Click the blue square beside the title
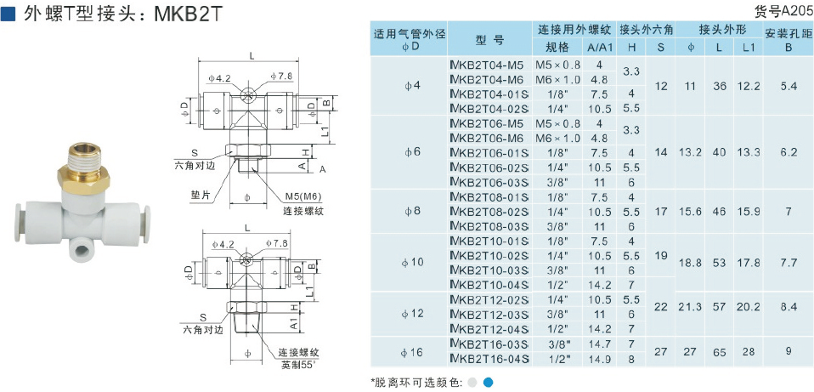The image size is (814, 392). click(x=9, y=14)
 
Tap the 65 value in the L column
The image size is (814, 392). click(x=719, y=351)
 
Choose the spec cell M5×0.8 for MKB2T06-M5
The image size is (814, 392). click(x=557, y=123)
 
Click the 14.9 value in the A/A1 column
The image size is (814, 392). click(x=599, y=359)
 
